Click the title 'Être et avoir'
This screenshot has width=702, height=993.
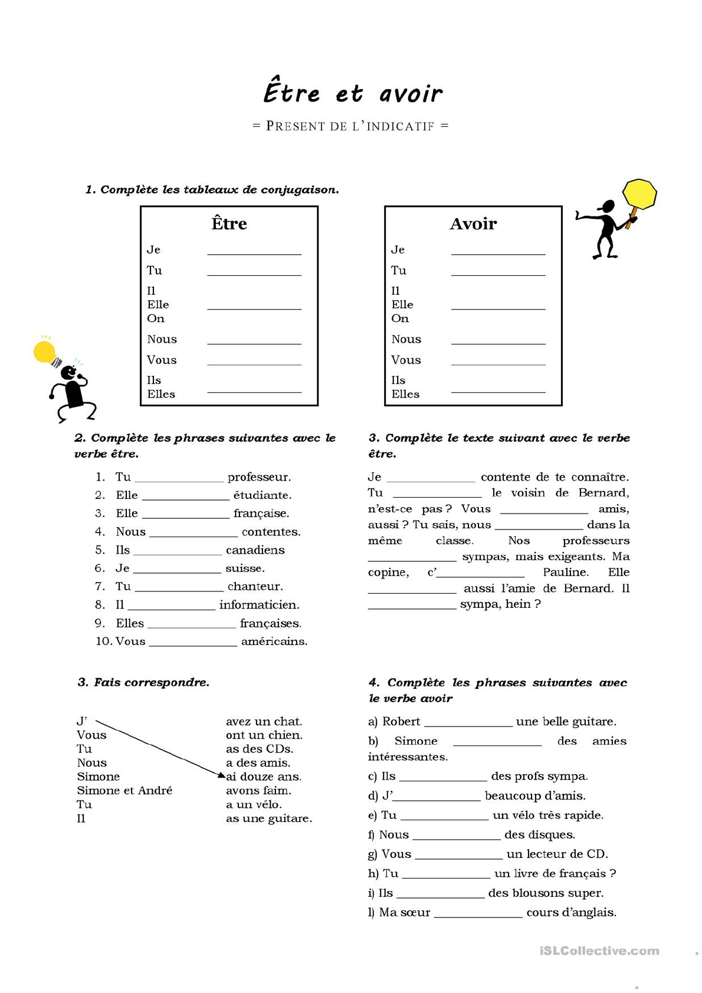352,93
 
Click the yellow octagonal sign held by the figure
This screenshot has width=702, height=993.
639,193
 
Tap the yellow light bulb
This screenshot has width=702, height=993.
45,352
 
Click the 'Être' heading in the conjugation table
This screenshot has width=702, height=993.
229,223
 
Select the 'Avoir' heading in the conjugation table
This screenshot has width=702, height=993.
473,223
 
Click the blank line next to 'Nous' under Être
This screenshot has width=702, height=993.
254,342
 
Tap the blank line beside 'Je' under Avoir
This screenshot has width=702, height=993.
498,253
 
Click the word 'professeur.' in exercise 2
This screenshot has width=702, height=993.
259,477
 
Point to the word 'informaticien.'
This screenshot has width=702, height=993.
259,605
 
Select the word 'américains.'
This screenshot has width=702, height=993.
274,642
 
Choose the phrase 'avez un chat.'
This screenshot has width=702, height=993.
264,721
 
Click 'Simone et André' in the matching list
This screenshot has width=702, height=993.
124,791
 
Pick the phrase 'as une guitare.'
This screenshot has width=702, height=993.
268,818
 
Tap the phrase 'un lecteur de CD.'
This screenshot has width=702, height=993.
557,854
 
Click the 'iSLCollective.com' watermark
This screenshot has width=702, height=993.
599,951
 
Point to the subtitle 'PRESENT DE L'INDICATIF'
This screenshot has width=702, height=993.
350,126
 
